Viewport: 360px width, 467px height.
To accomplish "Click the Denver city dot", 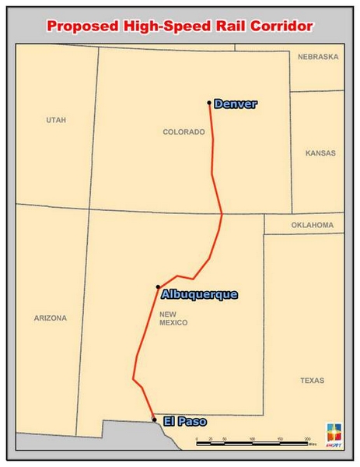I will (209, 103).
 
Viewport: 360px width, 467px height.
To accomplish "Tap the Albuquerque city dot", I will (158, 287).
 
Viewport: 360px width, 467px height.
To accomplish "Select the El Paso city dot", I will (154, 419).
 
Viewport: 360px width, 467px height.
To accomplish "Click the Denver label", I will (235, 104).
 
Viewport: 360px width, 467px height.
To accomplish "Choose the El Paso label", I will (185, 422).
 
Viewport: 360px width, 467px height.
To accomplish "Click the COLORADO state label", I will (183, 132).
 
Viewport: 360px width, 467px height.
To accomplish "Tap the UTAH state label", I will (56, 120).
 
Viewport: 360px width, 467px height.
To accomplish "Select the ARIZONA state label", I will (51, 318).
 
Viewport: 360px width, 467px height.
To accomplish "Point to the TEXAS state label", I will (313, 381).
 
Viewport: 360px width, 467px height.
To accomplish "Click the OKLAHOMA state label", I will (313, 226).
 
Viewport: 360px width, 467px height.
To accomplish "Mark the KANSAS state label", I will (320, 153).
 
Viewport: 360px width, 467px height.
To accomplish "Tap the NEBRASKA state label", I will (319, 57).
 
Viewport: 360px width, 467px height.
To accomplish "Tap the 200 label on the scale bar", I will (307, 440).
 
